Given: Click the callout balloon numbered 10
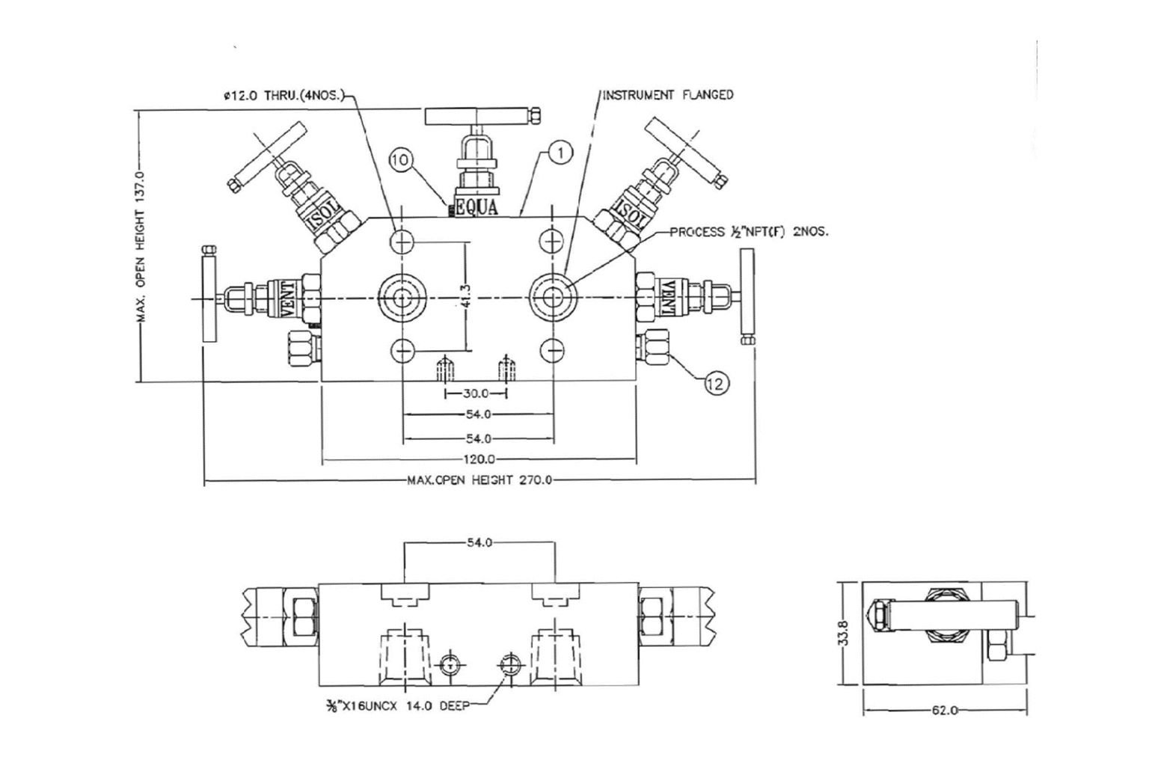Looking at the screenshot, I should [401, 159].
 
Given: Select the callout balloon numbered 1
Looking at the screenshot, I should [561, 153].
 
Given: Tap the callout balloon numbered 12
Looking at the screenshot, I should [716, 383].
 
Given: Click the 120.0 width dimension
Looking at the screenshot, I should [479, 459].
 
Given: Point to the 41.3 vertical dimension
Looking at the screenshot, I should [466, 297].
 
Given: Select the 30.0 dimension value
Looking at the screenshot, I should [476, 393].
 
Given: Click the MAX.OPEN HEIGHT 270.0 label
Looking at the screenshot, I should [479, 480].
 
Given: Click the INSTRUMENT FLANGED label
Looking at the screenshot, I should [668, 95].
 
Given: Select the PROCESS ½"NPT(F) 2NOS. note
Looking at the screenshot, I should [748, 232].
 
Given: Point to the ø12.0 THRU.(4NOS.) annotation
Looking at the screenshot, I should [283, 96].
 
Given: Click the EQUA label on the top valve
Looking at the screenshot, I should [477, 207].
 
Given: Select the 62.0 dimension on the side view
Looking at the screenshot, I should [945, 710].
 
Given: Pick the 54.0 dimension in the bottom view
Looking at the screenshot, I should [479, 542].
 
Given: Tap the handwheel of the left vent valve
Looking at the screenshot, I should [208, 297].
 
